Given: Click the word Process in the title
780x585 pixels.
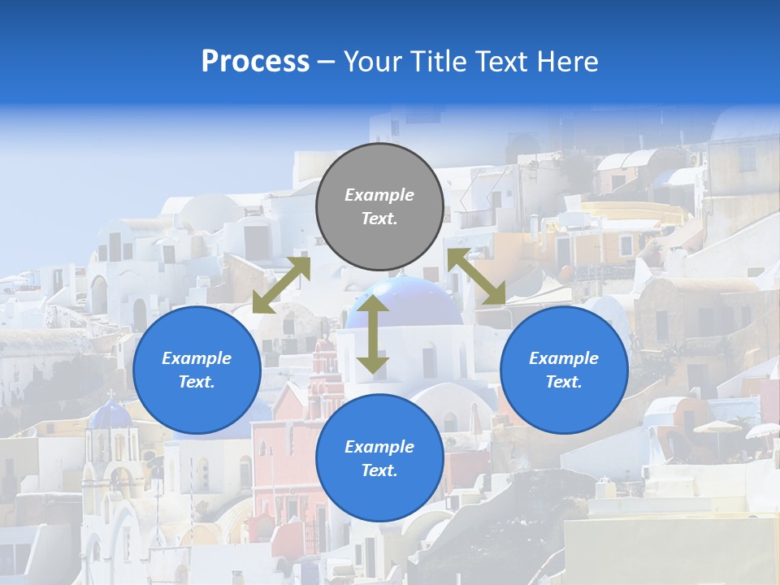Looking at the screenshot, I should [255, 62].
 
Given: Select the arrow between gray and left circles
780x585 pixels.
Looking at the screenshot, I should [281, 285].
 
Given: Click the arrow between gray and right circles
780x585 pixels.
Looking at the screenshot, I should [477, 277].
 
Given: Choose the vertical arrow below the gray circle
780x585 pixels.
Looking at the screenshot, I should [373, 334].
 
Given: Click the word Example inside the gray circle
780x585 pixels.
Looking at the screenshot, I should [379, 195].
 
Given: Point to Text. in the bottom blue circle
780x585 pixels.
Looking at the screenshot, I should [379, 470].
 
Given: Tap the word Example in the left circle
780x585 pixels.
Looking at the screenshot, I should [197, 358].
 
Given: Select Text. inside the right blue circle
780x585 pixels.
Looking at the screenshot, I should [564, 382].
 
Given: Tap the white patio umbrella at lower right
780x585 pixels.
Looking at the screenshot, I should [717, 427].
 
